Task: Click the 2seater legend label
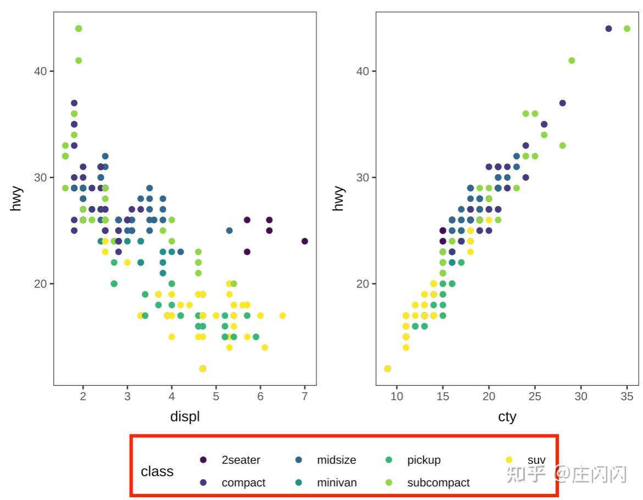pyautogui.click(x=241, y=460)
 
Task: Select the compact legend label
pyautogui.click(x=243, y=482)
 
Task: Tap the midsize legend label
pyautogui.click(x=336, y=460)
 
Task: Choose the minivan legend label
pyautogui.click(x=337, y=482)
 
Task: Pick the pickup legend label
pyautogui.click(x=424, y=460)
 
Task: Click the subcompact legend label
pyautogui.click(x=438, y=482)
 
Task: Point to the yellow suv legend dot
pyautogui.click(x=509, y=460)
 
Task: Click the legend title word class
pyautogui.click(x=157, y=471)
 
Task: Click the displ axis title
pyautogui.click(x=185, y=416)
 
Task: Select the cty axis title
pyautogui.click(x=507, y=416)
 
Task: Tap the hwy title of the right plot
pyautogui.click(x=339, y=198)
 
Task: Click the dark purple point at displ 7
pyautogui.click(x=304, y=241)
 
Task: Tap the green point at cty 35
pyautogui.click(x=627, y=29)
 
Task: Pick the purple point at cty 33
pyautogui.click(x=608, y=29)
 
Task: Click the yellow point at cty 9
pyautogui.click(x=387, y=369)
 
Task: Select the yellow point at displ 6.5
pyautogui.click(x=282, y=315)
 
